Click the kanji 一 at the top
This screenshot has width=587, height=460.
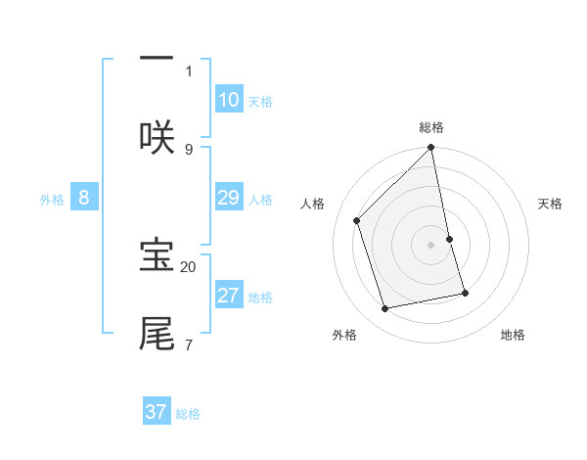tap(157, 58)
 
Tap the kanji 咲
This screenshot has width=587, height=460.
tap(157, 136)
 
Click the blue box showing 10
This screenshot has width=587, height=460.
tap(228, 99)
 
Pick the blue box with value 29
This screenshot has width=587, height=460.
tap(228, 198)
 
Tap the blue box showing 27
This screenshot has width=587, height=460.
tap(228, 296)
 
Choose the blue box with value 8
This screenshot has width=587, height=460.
tap(83, 198)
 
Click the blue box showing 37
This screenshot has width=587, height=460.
tap(156, 412)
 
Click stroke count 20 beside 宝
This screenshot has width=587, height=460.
tap(189, 266)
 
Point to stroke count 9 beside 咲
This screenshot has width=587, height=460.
tap(189, 149)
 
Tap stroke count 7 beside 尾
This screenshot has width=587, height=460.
tap(189, 345)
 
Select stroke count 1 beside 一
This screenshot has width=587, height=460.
tap(189, 70)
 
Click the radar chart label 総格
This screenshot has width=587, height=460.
tap(431, 127)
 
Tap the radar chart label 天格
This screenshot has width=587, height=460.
tap(550, 204)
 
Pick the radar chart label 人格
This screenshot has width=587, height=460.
tap(313, 204)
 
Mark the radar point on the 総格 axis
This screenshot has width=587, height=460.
tap(431, 148)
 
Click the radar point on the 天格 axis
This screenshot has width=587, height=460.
tap(450, 239)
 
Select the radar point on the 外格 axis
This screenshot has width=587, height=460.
tap(385, 309)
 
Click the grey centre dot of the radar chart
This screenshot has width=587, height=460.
tap(431, 245)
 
